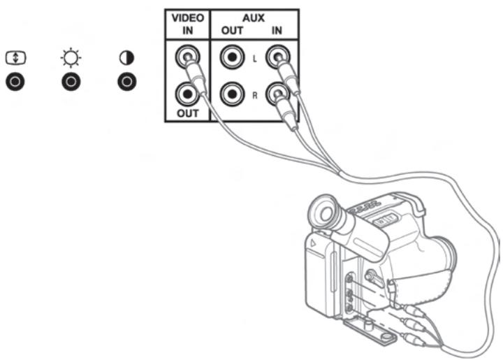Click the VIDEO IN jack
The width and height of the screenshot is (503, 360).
[x=187, y=57]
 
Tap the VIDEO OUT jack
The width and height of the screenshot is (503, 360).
[x=187, y=94]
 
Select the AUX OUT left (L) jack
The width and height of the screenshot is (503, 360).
[x=232, y=57]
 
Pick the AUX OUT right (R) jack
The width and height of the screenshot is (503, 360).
[x=232, y=94]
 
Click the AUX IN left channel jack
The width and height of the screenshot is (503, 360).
[x=277, y=57]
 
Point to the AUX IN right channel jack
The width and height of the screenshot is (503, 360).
[x=277, y=94]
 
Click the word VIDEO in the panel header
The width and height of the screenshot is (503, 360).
[x=188, y=18]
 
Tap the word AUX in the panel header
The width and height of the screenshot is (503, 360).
[x=254, y=18]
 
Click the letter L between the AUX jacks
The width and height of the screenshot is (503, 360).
[x=255, y=59]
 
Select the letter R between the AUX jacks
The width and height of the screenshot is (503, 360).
[x=255, y=95]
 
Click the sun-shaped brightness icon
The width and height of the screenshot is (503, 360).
[x=71, y=58]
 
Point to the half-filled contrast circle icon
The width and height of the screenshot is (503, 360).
[x=126, y=58]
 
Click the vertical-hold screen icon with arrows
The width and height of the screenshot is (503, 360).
[x=15, y=58]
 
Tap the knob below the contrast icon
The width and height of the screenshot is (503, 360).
[x=126, y=82]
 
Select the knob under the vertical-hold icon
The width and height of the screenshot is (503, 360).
[x=15, y=82]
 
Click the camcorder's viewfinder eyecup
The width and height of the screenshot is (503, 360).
[x=324, y=212]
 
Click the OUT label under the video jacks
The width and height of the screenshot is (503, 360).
[x=188, y=113]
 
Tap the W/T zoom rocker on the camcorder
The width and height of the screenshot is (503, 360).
[x=385, y=221]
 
